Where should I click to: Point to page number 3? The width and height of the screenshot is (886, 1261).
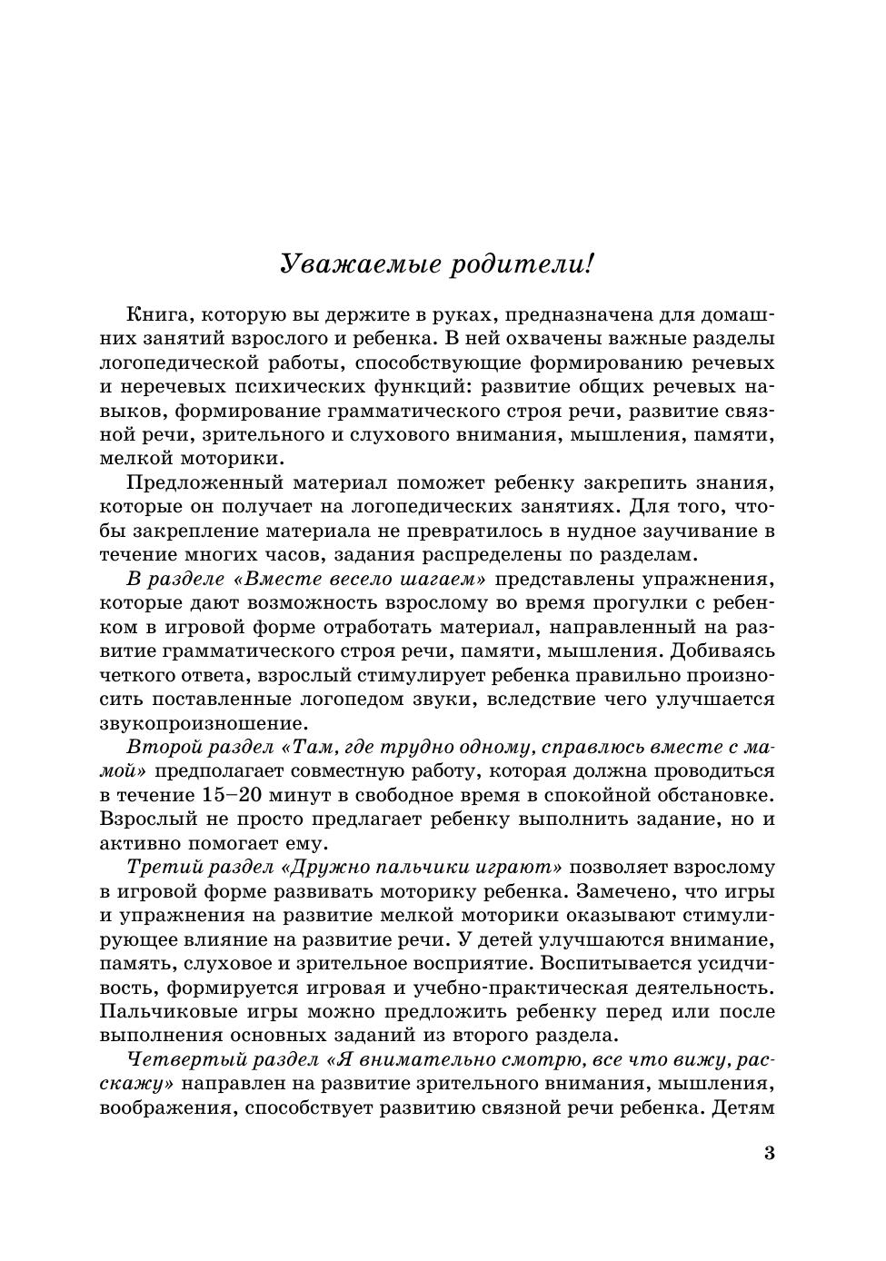click(x=770, y=1154)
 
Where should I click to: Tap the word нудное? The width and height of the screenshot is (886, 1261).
click(x=618, y=530)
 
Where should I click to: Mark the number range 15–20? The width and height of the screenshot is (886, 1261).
click(x=232, y=795)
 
